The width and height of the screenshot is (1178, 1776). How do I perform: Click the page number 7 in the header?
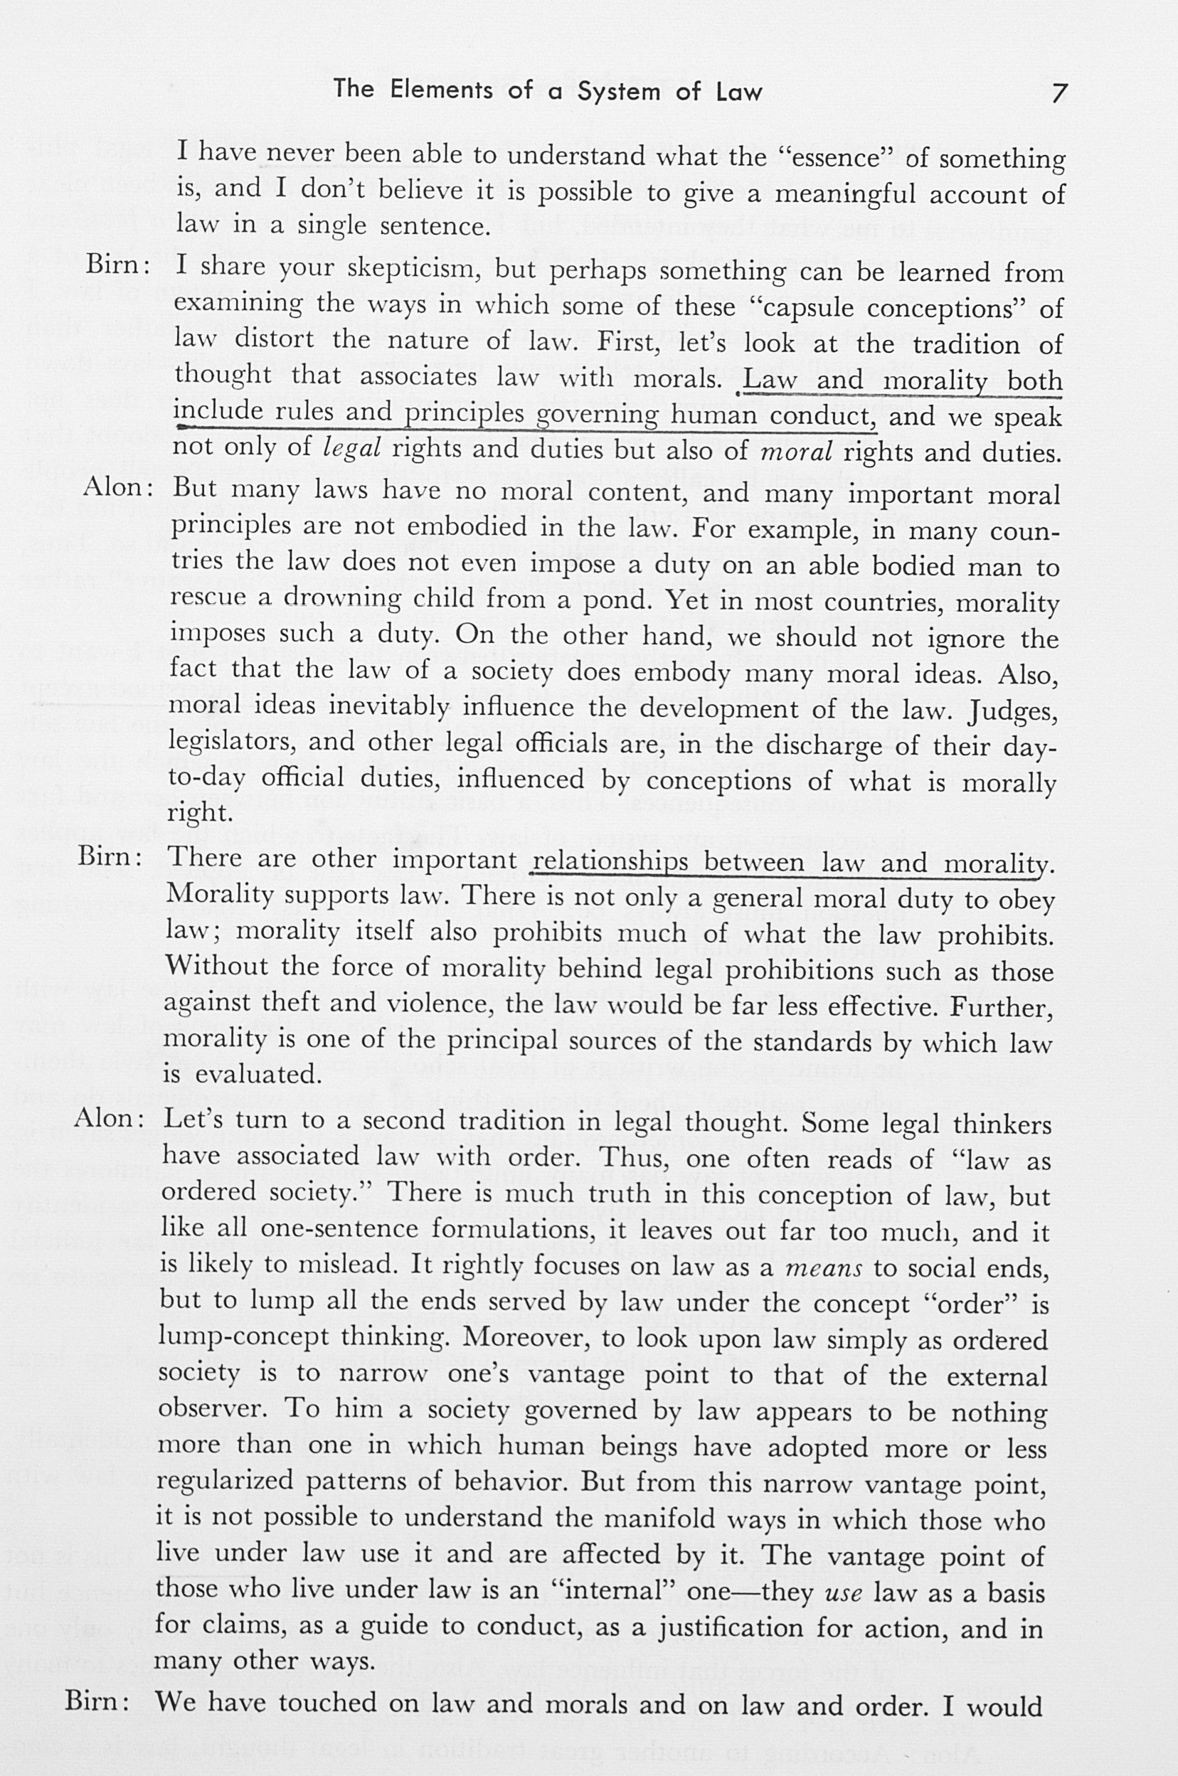click(x=1058, y=93)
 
